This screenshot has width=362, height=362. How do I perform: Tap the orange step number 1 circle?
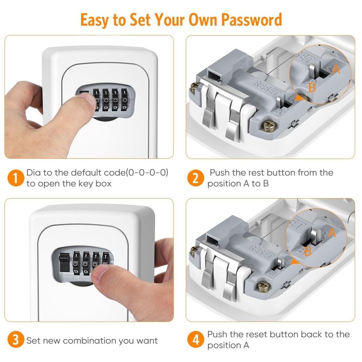coord(14,178)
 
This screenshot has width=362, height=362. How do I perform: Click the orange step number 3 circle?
coord(14,341)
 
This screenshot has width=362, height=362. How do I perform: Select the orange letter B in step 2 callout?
coord(312,87)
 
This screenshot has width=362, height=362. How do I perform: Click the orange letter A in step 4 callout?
coord(332,233)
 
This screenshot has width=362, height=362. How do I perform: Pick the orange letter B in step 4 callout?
coord(308,251)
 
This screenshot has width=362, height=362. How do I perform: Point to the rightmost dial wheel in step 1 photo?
coord(124,100)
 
